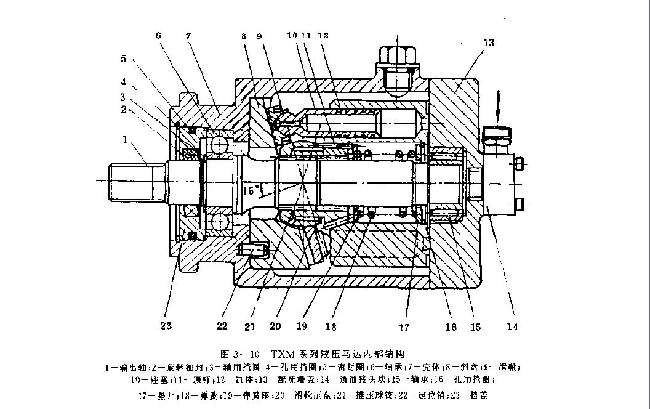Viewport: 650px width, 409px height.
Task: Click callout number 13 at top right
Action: click(489, 43)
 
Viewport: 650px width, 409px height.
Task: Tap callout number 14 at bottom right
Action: click(512, 326)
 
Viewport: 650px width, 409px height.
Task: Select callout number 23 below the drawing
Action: click(166, 325)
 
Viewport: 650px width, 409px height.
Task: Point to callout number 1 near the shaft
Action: click(127, 140)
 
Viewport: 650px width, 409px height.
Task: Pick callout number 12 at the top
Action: click(323, 36)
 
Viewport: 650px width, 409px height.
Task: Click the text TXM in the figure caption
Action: click(283, 354)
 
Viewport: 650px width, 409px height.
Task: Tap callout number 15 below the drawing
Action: click(475, 326)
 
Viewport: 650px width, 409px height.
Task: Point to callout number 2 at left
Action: click(124, 109)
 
